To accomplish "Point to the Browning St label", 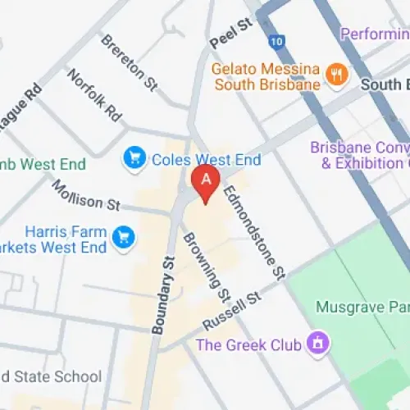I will [x=207, y=266].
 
